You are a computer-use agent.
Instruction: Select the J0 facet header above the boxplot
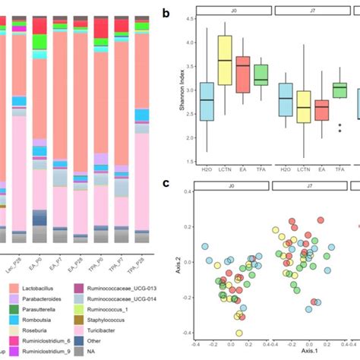click(x=229, y=9)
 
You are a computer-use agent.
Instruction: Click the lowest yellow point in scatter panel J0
click(x=239, y=333)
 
